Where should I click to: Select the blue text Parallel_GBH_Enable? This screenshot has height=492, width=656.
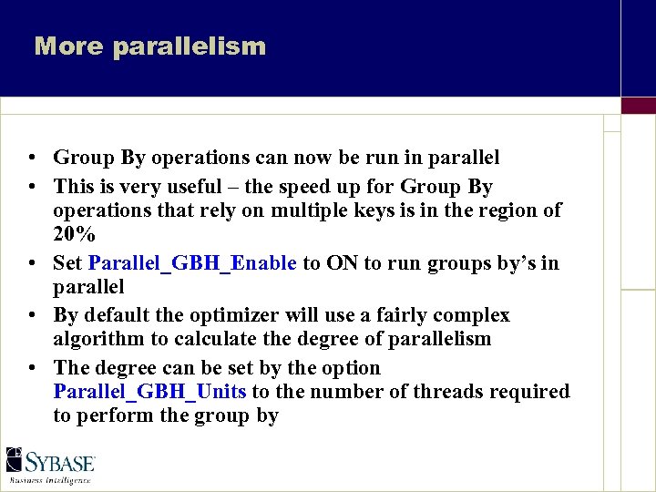(192, 263)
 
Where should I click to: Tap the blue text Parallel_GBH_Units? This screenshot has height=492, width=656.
(150, 392)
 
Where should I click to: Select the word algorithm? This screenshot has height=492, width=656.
(96, 339)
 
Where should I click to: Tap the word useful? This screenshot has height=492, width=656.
(190, 187)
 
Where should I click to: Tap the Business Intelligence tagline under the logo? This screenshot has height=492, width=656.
(50, 479)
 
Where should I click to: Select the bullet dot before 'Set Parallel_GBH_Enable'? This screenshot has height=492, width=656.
(32, 264)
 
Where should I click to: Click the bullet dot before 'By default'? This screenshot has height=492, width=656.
(32, 316)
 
